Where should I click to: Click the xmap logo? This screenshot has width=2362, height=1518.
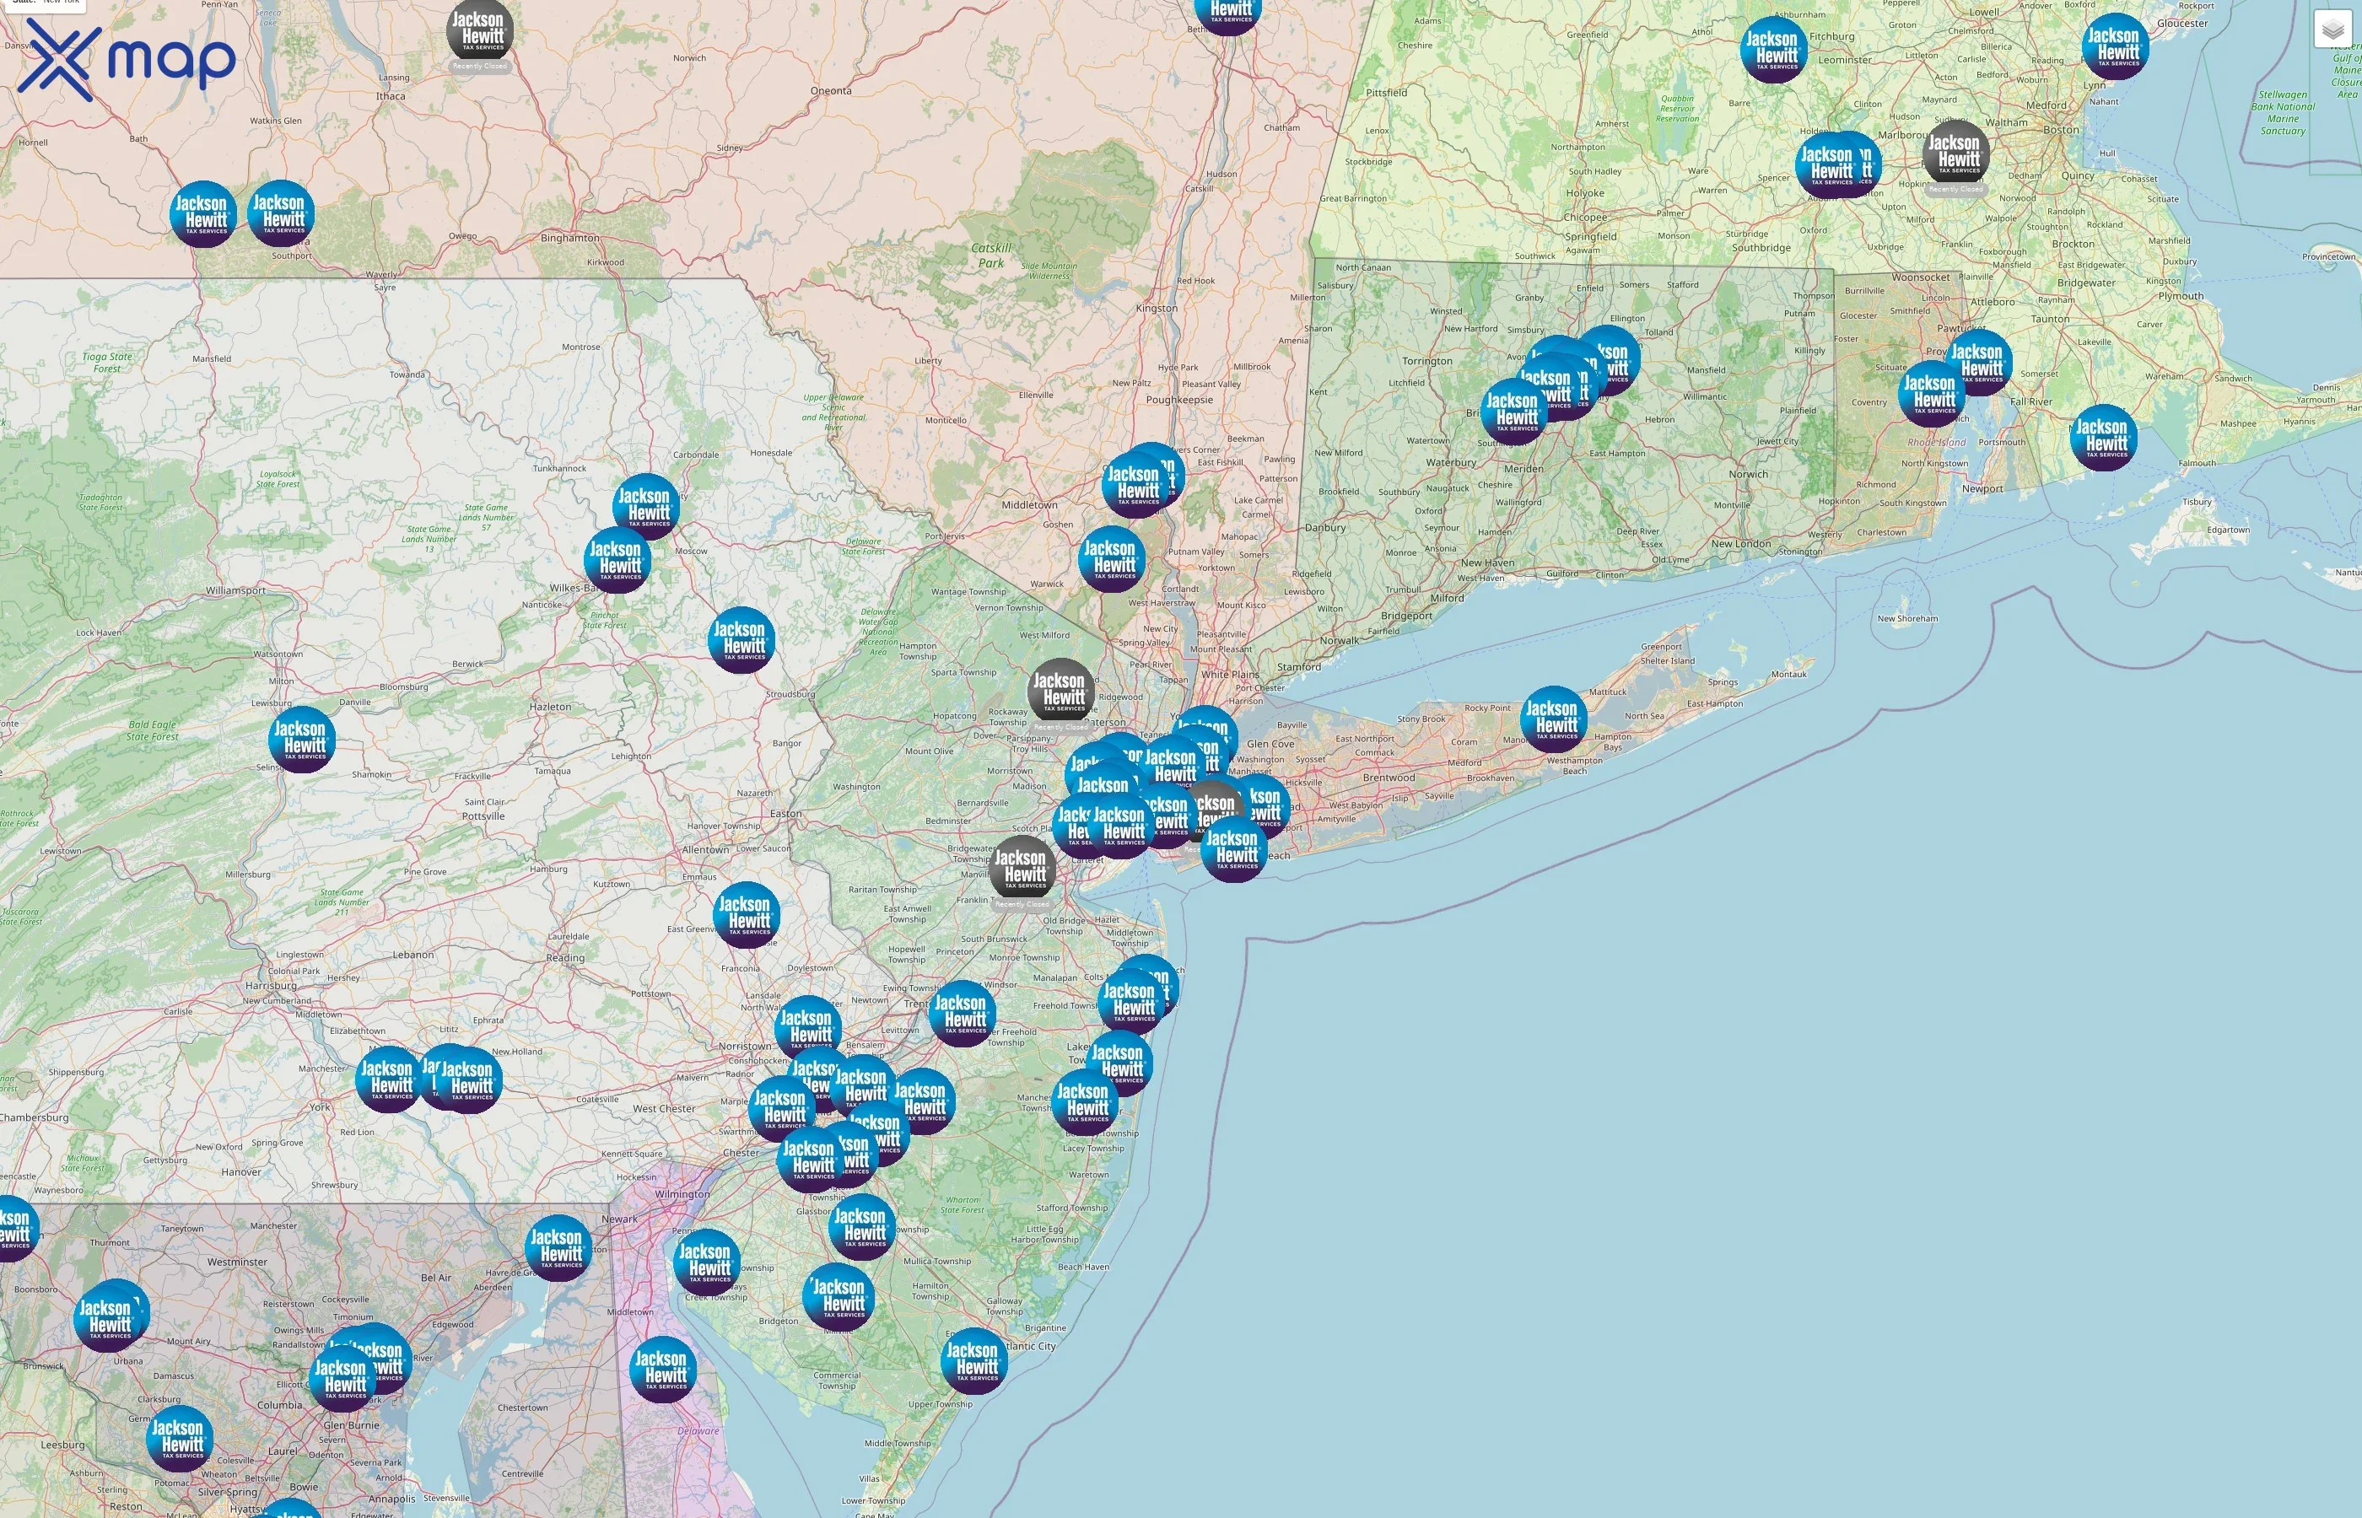click(127, 59)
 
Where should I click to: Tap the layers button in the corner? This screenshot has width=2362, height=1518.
click(2332, 30)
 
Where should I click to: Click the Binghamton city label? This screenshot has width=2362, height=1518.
click(569, 238)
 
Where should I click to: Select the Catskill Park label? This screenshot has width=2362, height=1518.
click(990, 256)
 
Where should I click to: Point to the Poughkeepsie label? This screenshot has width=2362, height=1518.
click(1179, 401)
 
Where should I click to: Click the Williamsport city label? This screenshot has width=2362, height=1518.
click(235, 590)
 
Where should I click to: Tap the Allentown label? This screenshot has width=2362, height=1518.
click(706, 850)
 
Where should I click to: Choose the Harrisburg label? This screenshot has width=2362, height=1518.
click(271, 985)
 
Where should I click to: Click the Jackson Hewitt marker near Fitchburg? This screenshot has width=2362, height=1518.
click(1773, 48)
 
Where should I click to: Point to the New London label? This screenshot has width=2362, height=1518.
click(1741, 544)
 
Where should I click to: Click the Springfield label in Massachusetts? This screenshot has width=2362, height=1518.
click(1590, 237)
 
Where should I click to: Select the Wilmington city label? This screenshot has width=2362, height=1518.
click(682, 1193)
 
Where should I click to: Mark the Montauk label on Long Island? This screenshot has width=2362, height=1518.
click(1789, 674)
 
